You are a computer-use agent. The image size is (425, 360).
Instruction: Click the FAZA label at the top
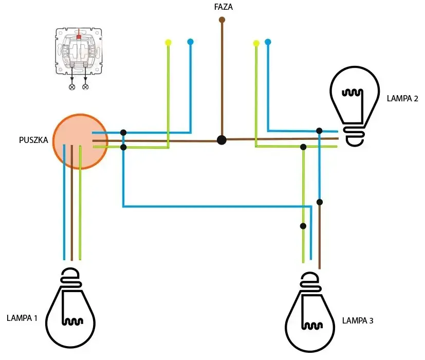(x=224, y=7)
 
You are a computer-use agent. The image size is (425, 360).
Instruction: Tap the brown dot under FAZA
(x=221, y=20)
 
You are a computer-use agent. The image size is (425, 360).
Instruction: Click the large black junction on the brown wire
(x=221, y=140)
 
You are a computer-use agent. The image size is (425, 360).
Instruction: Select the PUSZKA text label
(x=33, y=140)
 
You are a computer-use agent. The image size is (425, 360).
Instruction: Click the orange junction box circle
(x=80, y=141)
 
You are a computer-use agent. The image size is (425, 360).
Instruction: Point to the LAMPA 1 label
(x=22, y=318)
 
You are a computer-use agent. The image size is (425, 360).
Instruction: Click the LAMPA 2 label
(x=402, y=98)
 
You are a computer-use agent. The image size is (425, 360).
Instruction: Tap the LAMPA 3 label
(x=358, y=321)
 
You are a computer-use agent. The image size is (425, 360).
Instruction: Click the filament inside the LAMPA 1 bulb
(x=72, y=322)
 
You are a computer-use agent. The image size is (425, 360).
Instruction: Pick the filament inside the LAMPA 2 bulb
(x=352, y=93)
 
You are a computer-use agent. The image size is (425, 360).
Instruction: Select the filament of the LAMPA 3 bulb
(x=312, y=326)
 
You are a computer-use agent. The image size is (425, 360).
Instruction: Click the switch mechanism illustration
(x=79, y=51)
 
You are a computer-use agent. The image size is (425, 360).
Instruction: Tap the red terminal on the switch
(x=79, y=37)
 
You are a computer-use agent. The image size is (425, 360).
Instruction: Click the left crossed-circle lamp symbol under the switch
(x=72, y=87)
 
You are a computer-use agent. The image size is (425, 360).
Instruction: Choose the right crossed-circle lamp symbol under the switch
(x=85, y=87)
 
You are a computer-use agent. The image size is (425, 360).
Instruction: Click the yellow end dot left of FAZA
(x=168, y=42)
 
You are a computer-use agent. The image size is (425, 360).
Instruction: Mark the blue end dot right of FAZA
(x=268, y=42)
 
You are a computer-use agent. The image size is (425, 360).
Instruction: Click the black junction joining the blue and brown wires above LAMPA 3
(x=320, y=202)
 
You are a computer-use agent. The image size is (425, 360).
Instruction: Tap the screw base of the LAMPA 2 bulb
(x=355, y=135)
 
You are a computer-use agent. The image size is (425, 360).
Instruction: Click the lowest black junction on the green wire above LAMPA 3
(x=303, y=226)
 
